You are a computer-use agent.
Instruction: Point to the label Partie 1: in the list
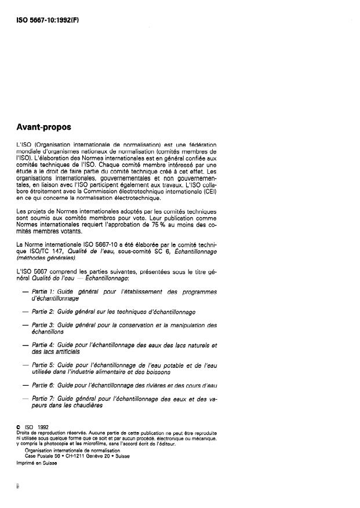click(x=43, y=291)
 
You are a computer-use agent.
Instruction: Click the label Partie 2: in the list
click(x=43, y=312)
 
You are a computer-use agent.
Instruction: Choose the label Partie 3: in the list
click(x=43, y=326)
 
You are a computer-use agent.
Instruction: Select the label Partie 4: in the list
click(x=43, y=345)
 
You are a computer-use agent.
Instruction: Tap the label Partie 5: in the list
click(x=43, y=365)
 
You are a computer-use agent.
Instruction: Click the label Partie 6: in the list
click(x=43, y=385)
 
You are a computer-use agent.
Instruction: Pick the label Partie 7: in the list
click(x=43, y=399)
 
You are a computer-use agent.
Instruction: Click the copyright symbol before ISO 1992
click(x=19, y=427)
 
